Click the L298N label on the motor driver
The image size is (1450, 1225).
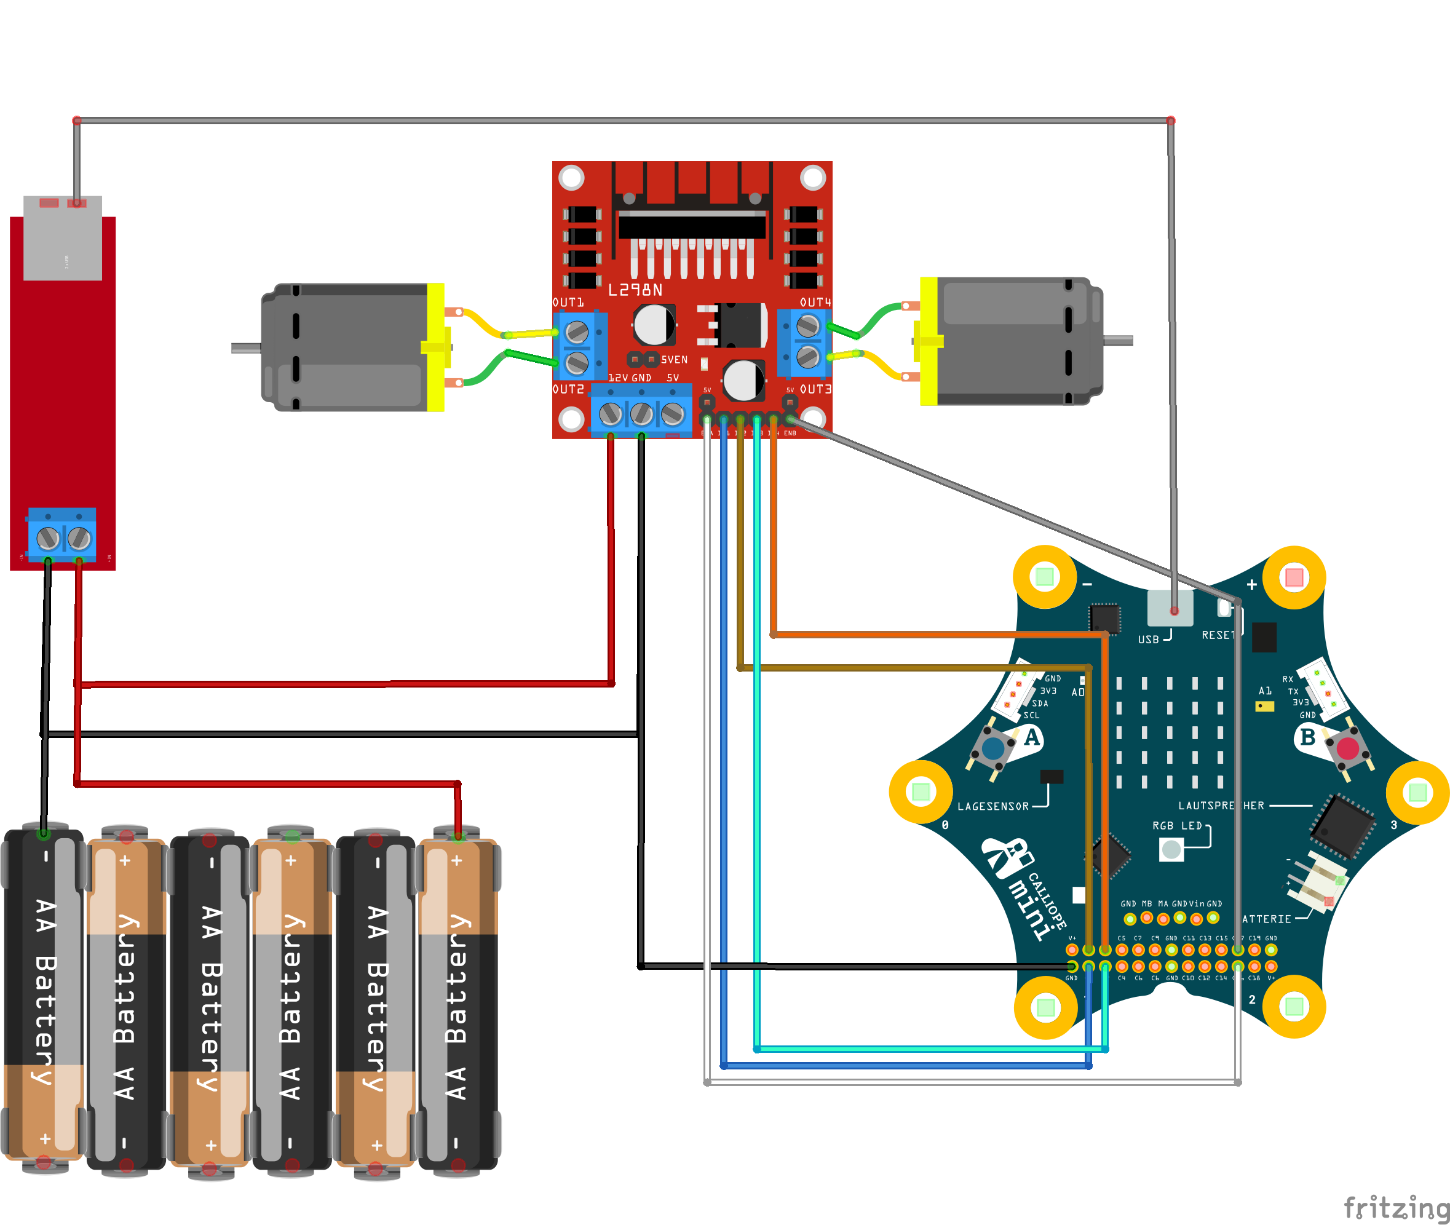click(x=635, y=290)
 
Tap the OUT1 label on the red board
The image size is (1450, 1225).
click(x=568, y=303)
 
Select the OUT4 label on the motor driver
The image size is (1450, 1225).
click(x=815, y=303)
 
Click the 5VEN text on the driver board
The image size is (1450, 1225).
click(x=673, y=360)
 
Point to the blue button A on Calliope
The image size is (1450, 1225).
click(x=993, y=748)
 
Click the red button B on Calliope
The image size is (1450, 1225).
click(x=1347, y=748)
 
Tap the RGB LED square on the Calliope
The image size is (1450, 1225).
click(x=1171, y=849)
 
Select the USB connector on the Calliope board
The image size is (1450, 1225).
click(x=1170, y=608)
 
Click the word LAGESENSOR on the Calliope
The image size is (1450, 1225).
click(x=992, y=806)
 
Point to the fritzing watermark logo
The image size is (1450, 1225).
click(x=1396, y=1208)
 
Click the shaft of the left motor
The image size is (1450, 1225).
click(x=245, y=348)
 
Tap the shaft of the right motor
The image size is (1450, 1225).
click(x=1118, y=340)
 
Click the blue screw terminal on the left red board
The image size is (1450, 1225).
click(x=63, y=536)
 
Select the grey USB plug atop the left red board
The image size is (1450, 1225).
click(x=63, y=238)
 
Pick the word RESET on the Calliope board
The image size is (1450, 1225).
click(x=1218, y=635)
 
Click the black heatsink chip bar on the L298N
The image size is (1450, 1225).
click(x=692, y=226)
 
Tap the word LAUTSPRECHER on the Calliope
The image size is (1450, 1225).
click(x=1221, y=806)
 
